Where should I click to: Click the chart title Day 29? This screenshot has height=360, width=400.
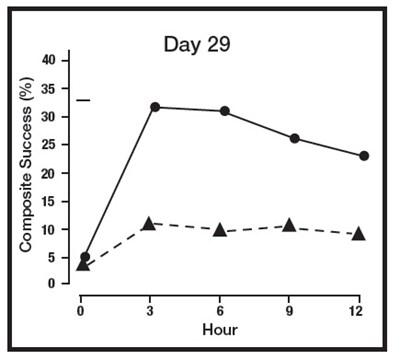pyautogui.click(x=200, y=45)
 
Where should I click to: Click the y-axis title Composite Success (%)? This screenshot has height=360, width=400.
pyautogui.click(x=27, y=167)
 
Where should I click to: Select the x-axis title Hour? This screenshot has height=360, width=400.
pyautogui.click(x=221, y=327)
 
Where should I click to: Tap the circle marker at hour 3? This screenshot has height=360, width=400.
pyautogui.click(x=154, y=107)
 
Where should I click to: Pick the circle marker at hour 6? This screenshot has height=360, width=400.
pyautogui.click(x=224, y=111)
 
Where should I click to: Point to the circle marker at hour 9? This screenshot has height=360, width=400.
pyautogui.click(x=294, y=138)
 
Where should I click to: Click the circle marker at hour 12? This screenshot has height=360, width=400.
pyautogui.click(x=364, y=156)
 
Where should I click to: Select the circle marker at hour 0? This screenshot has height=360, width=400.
pyautogui.click(x=85, y=257)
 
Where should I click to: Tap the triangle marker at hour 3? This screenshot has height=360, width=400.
pyautogui.click(x=149, y=223)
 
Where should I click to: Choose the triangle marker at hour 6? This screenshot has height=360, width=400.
pyautogui.click(x=219, y=229)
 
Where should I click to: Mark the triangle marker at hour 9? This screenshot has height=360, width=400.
pyautogui.click(x=289, y=225)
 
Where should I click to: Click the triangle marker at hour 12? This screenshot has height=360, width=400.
pyautogui.click(x=359, y=233)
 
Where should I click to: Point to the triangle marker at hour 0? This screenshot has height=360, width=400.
pyautogui.click(x=83, y=264)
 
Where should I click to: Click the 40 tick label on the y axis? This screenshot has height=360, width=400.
pyautogui.click(x=61, y=60)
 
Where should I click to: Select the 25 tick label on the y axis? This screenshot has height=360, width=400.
pyautogui.click(x=61, y=145)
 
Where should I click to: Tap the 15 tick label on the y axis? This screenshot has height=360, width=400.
pyautogui.click(x=61, y=201)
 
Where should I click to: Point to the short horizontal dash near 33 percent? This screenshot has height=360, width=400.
pyautogui.click(x=83, y=100)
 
